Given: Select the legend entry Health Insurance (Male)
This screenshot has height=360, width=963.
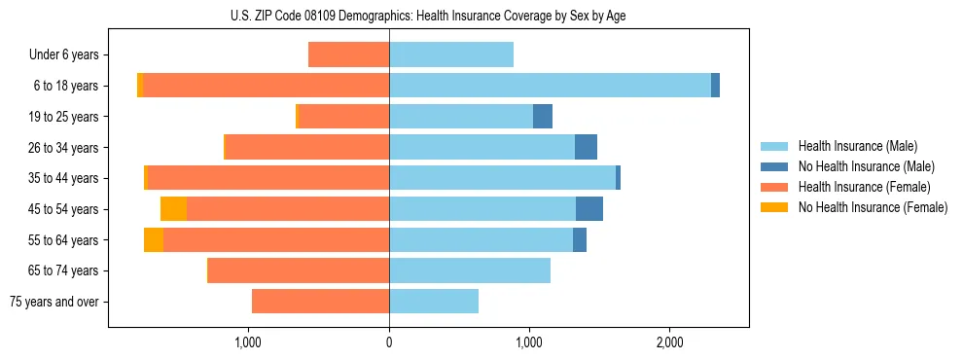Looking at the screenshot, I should click(x=857, y=146).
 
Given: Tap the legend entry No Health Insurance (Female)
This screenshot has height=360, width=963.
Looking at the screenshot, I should click(x=873, y=207).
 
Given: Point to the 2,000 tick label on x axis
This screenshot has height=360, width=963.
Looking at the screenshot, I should click(x=669, y=342).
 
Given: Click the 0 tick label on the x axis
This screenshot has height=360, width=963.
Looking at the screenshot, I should click(x=389, y=342).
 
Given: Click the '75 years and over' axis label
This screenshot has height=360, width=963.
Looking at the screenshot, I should click(x=54, y=302).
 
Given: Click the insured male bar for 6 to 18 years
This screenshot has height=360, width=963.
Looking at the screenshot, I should click(x=550, y=86).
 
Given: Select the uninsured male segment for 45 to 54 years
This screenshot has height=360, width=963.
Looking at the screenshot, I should click(x=589, y=209).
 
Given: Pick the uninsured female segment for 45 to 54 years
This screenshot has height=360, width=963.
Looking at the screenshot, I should click(x=173, y=209).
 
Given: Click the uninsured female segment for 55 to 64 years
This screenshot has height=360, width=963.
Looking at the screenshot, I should click(x=154, y=240).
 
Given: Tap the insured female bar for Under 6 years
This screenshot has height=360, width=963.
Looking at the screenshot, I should click(x=348, y=54).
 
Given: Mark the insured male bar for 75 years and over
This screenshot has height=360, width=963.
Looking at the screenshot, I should click(x=434, y=302).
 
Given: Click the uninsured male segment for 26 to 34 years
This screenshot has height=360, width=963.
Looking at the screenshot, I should click(x=586, y=147).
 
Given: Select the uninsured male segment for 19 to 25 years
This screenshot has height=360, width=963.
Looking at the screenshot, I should click(x=543, y=117).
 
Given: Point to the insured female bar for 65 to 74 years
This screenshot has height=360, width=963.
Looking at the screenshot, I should click(x=299, y=270).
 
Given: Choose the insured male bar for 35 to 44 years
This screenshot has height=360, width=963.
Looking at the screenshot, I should click(x=502, y=178).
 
